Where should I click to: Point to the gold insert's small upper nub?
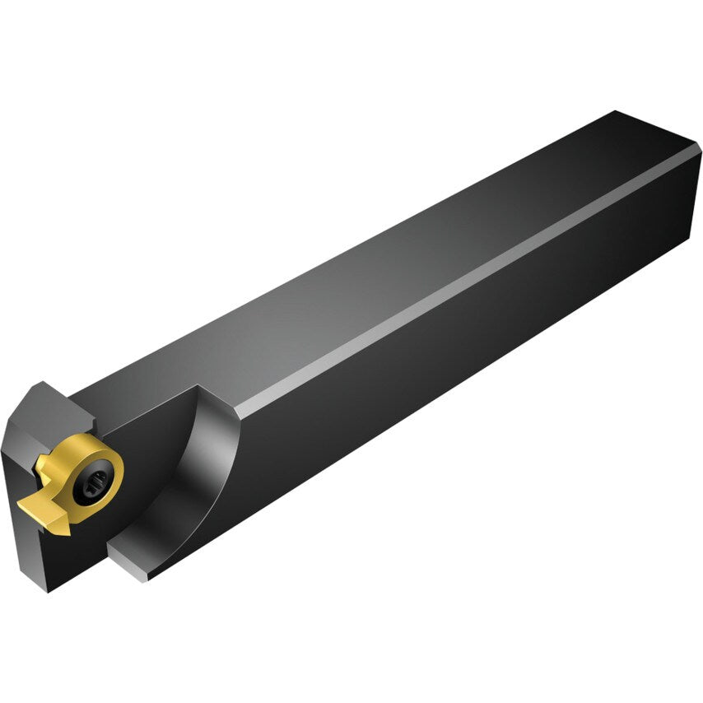pyautogui.click(x=44, y=467)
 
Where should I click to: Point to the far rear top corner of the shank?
pyautogui.click(x=616, y=112)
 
